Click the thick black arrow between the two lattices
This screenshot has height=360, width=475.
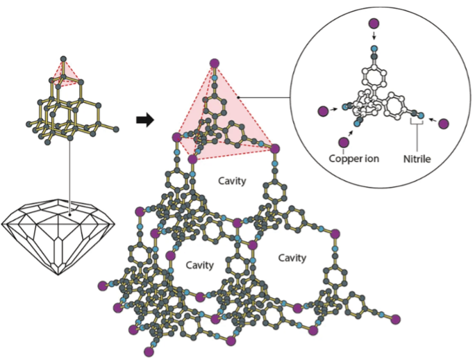pos(144,120)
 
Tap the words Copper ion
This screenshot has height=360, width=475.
pos(353,158)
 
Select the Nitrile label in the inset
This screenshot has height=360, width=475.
pos(417,158)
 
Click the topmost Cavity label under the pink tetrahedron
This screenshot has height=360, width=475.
pos(232,181)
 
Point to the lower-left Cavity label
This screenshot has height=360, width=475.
pos(199,265)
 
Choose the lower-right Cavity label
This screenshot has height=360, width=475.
pos(292,258)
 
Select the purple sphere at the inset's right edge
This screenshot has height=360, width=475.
pos(444,124)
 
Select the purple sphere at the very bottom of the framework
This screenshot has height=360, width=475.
pos(147,352)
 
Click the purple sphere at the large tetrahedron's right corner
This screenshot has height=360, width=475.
pos(275,148)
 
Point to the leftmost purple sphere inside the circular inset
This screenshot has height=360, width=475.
pos(322,111)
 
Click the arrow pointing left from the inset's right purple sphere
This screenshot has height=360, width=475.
pos(431,120)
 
